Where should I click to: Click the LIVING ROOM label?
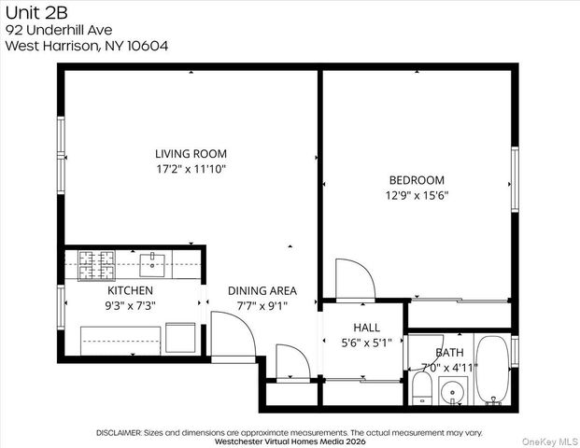tap(191, 154)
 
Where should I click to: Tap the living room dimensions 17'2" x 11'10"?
tap(191, 169)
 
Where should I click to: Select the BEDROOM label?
tap(417, 180)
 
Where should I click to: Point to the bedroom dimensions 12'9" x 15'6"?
tap(417, 195)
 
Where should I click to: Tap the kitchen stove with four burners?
tap(95, 266)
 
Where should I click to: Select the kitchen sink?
tap(153, 266)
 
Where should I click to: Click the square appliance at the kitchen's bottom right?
tap(180, 337)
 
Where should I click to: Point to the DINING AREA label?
tap(262, 290)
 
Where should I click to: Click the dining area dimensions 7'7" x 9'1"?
tap(262, 305)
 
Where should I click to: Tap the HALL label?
tap(366, 327)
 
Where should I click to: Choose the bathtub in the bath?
tap(491, 371)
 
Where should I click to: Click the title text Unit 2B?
tap(29, 12)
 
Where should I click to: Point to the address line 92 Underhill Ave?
tap(60, 29)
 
